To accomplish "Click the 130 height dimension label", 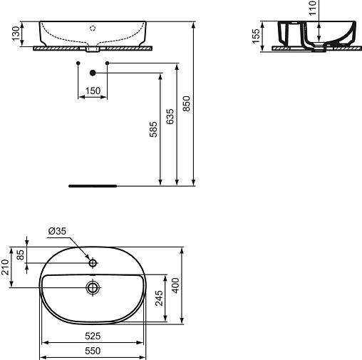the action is coord(16,34).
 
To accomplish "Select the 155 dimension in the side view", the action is coord(257,36).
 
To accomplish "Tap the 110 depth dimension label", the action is coord(313,8).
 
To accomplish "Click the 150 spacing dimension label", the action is coord(93,91).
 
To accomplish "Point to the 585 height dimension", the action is coord(153,129).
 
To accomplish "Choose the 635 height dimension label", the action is coord(170,117).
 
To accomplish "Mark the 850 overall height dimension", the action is coord(187,103).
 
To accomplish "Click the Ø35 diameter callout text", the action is coord(57,231).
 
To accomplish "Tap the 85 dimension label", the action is coord(21,254).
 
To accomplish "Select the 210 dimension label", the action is coord(5,267).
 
